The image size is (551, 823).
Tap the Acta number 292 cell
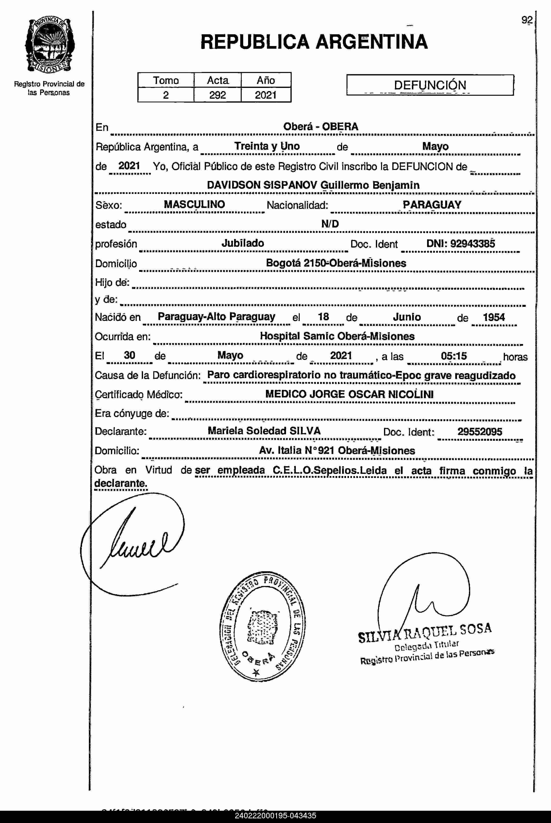[217, 95]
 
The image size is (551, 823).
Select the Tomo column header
[166, 80]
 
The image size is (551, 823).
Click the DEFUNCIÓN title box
[430, 85]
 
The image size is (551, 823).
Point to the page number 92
[527, 20]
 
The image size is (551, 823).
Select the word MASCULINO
[194, 204]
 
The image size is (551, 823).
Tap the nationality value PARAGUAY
[432, 205]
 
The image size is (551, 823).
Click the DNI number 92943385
[473, 244]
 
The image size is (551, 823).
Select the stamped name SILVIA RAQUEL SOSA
[424, 632]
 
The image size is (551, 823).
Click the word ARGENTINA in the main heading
[371, 42]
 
